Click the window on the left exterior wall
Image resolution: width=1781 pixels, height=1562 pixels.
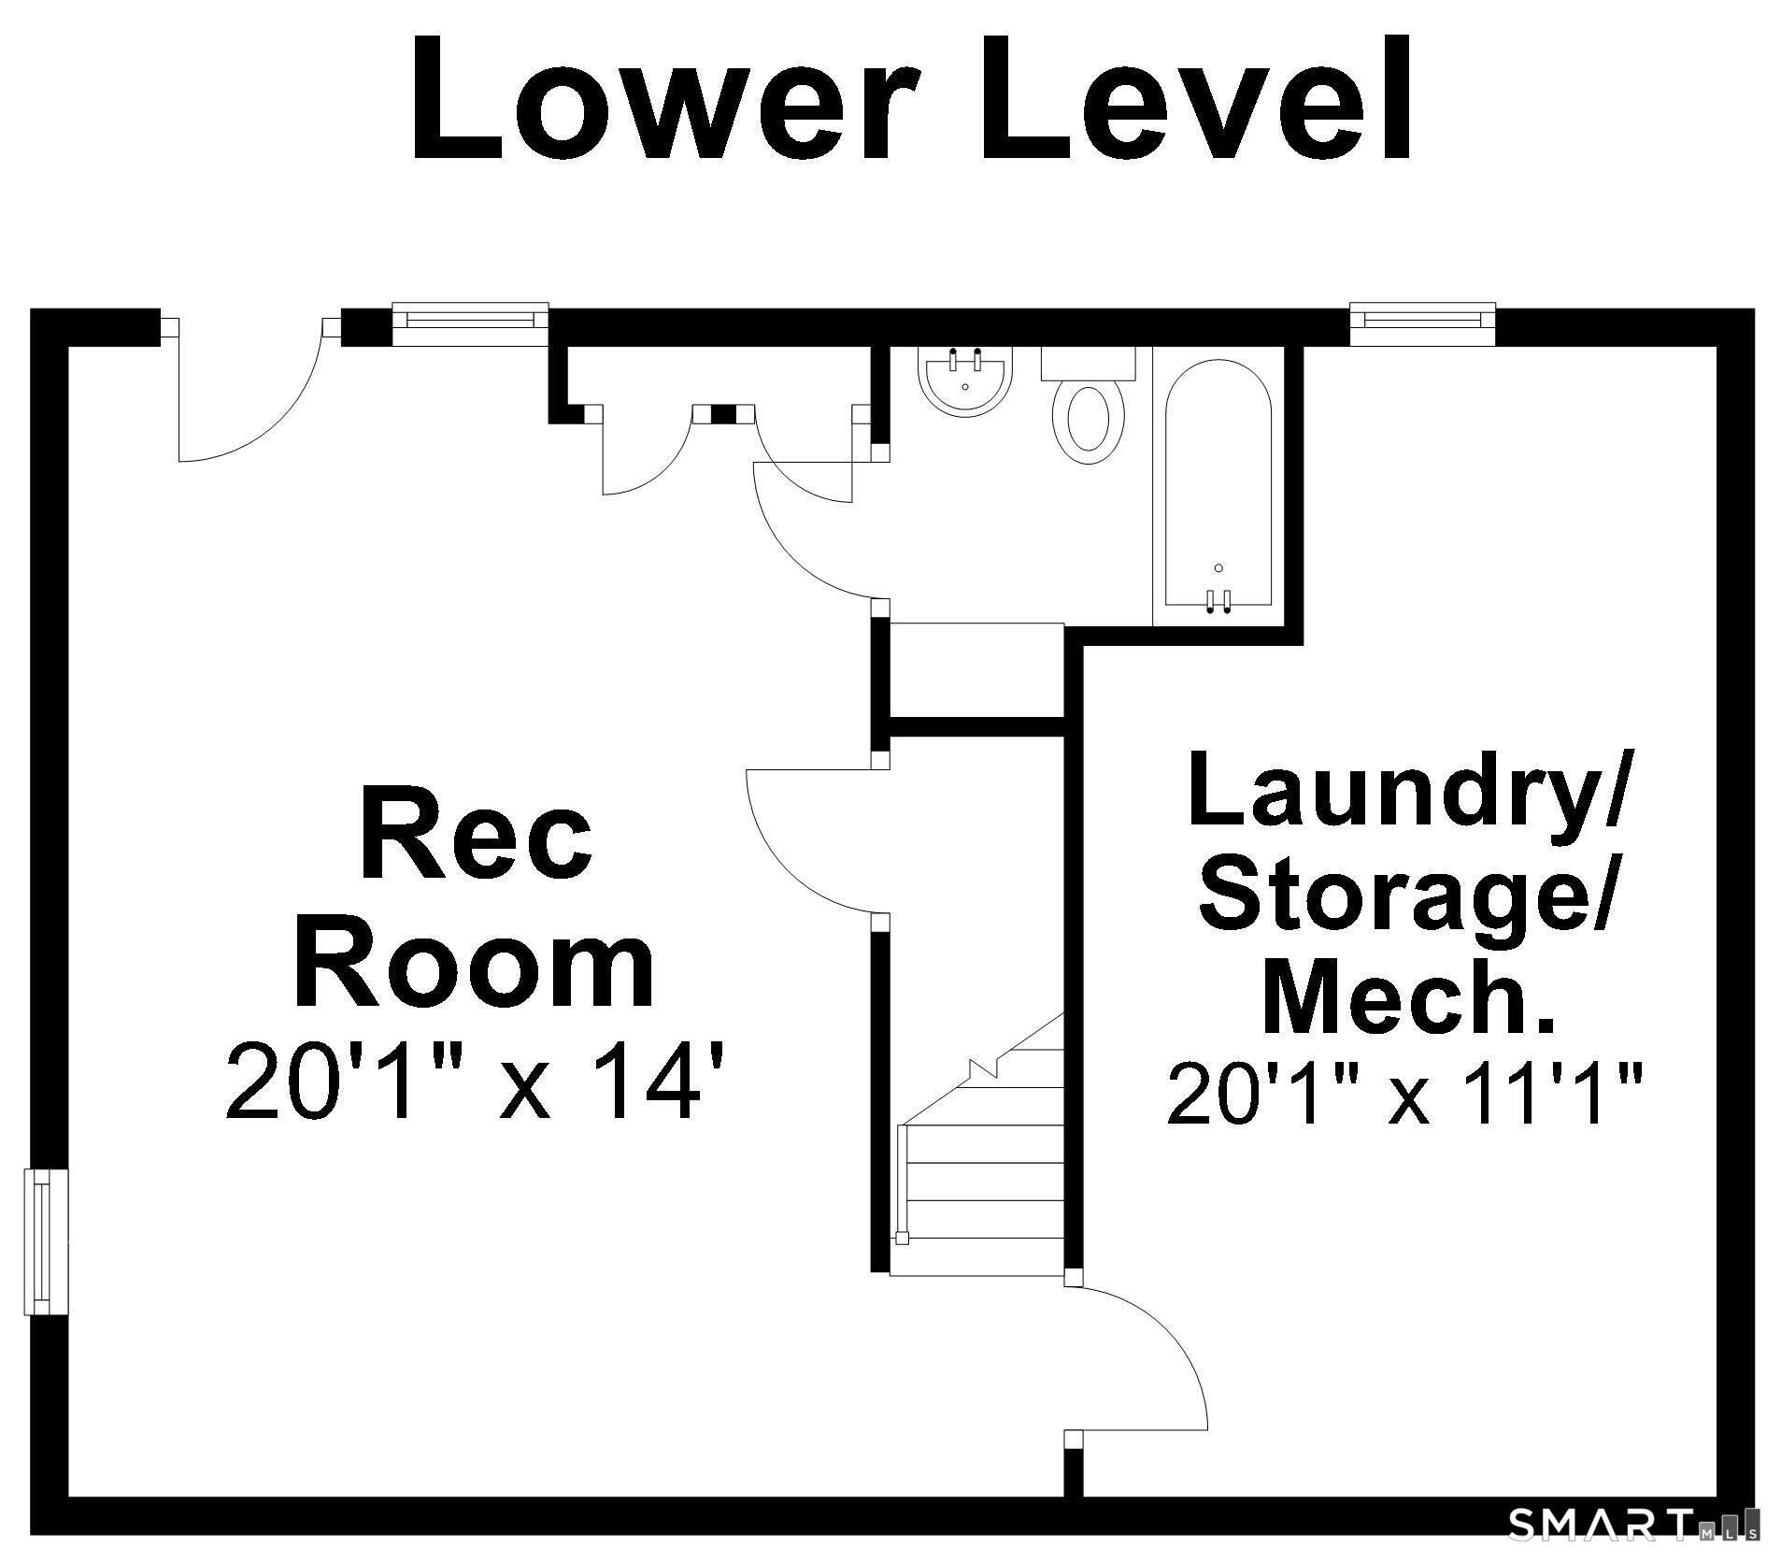[x=44, y=1241]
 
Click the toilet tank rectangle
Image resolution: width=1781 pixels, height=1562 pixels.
[x=1089, y=363]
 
